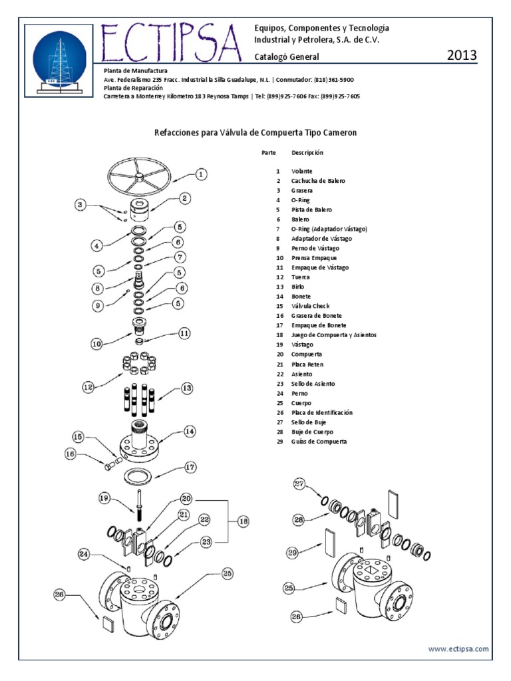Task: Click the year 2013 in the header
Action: click(462, 55)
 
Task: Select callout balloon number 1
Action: click(202, 174)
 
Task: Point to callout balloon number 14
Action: click(190, 432)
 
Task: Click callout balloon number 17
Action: click(190, 467)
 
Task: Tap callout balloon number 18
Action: click(243, 522)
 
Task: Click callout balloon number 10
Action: click(97, 344)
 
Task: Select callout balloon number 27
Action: click(299, 483)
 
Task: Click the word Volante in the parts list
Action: click(301, 171)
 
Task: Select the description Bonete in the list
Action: click(301, 296)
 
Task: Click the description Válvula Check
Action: click(310, 306)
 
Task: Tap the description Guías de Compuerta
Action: click(319, 442)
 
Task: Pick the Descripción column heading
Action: click(307, 152)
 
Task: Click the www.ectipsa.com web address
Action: click(458, 648)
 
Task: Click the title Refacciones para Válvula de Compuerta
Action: click(256, 132)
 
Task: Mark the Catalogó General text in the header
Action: click(287, 57)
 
